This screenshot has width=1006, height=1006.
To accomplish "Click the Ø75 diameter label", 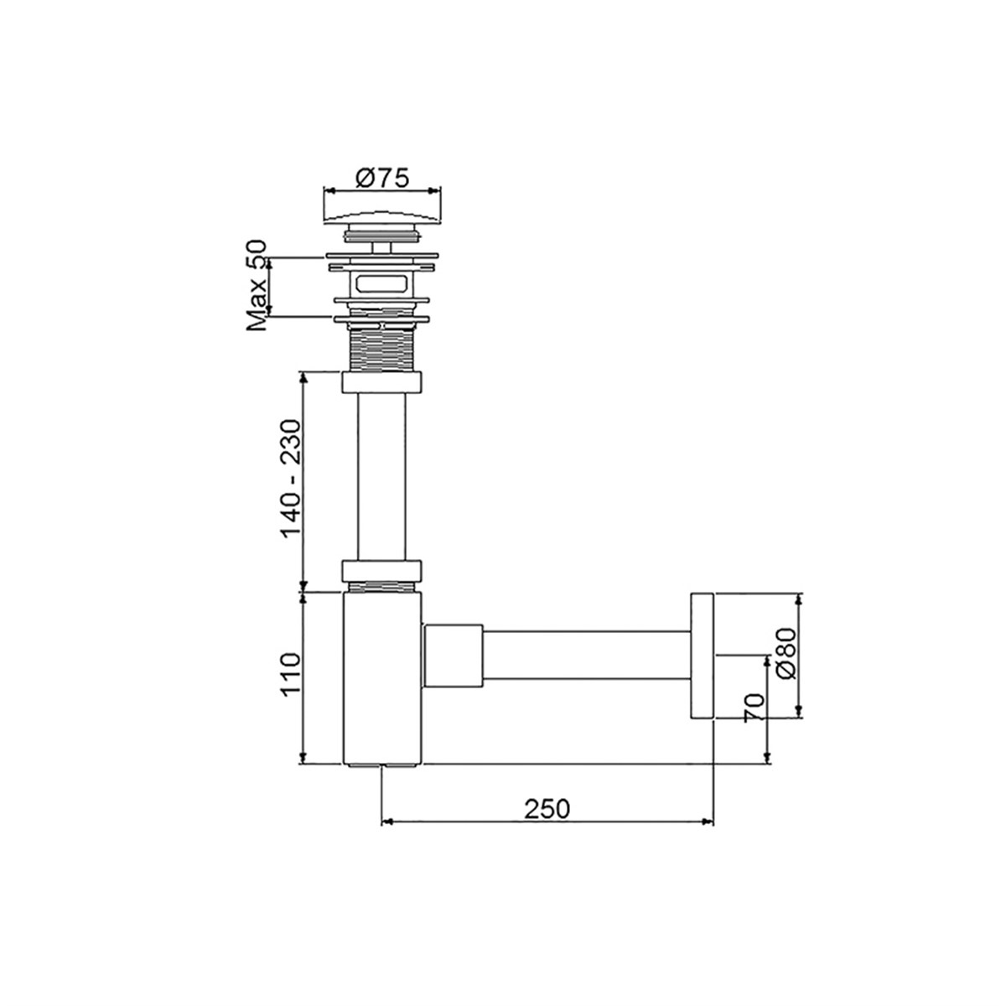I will (x=381, y=178).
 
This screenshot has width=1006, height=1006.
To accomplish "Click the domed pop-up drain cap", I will (x=381, y=213).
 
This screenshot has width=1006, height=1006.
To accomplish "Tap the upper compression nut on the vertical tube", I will (x=381, y=383).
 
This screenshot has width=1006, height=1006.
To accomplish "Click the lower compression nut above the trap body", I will (x=381, y=570).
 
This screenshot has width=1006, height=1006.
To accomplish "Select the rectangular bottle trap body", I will (x=381, y=679).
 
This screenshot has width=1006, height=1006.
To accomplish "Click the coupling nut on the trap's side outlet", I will (x=454, y=656).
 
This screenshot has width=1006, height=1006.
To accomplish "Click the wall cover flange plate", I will (x=701, y=656).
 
